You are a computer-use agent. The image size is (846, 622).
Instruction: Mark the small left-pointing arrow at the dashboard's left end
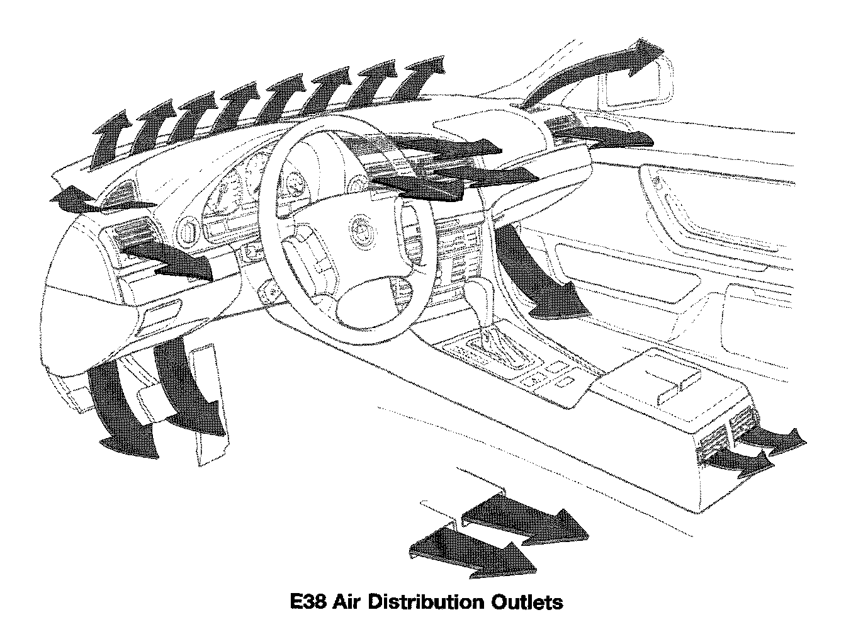pos(70,199)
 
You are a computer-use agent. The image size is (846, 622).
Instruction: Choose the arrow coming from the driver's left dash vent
pos(170,259)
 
